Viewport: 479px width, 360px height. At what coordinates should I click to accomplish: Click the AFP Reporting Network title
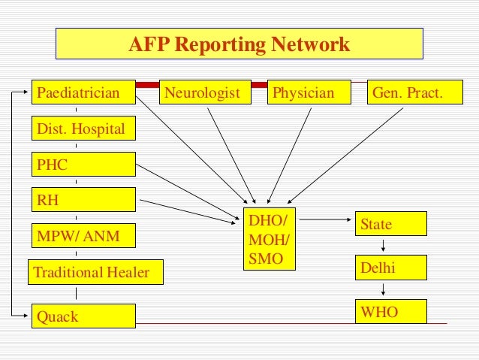(x=239, y=45)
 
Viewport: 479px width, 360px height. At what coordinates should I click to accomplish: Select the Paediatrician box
(x=83, y=93)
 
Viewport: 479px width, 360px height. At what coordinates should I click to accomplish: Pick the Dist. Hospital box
(x=83, y=129)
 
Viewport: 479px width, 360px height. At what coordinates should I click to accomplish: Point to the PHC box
(x=83, y=164)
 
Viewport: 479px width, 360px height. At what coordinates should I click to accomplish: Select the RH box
(x=83, y=199)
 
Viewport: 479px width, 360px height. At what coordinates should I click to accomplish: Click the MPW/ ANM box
(x=83, y=236)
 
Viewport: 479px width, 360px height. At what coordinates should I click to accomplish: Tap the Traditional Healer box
(x=89, y=272)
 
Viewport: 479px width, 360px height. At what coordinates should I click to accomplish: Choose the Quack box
(x=83, y=316)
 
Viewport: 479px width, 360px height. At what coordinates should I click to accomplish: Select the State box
(x=390, y=224)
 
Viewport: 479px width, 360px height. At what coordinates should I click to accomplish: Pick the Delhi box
(x=390, y=268)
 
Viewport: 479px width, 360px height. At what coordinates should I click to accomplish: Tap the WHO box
(x=390, y=311)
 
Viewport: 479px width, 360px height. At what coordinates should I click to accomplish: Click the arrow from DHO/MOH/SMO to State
(x=324, y=220)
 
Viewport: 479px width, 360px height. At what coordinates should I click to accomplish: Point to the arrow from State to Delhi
(x=384, y=246)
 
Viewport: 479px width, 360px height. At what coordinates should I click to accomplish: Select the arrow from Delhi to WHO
(x=384, y=289)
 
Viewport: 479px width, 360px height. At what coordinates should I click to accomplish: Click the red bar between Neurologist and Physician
(x=258, y=85)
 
